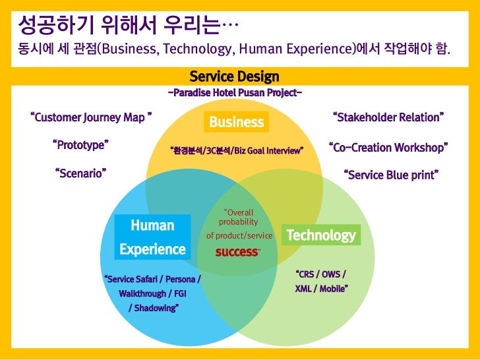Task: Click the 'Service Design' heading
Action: (234, 77)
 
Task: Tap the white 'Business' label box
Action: (236, 122)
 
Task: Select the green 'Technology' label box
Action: (320, 235)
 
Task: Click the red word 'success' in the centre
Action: (237, 252)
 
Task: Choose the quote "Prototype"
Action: (80, 145)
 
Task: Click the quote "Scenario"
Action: (80, 173)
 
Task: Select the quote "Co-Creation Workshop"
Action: (388, 148)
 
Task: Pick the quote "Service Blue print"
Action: (392, 176)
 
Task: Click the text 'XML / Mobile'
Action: (321, 289)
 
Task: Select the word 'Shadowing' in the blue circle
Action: (153, 308)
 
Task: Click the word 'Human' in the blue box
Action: (152, 225)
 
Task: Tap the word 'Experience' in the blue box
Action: (152, 249)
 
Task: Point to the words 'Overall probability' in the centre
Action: (238, 218)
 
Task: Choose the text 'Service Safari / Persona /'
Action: (152, 279)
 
